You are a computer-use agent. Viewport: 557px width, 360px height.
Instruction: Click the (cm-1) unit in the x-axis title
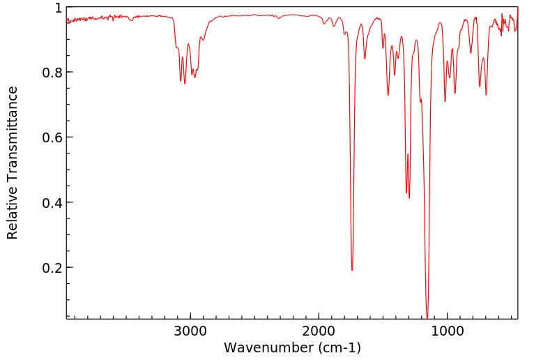[x=338, y=347]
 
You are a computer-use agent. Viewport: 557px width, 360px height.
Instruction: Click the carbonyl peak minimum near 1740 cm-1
[x=352, y=270]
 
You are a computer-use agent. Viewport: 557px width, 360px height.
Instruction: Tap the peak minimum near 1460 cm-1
[x=388, y=95]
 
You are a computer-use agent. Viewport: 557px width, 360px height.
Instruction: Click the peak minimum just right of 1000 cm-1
[x=445, y=101]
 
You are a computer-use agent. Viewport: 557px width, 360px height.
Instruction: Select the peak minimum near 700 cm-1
[x=486, y=95]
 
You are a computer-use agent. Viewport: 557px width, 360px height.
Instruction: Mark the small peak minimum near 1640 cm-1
[x=365, y=59]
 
